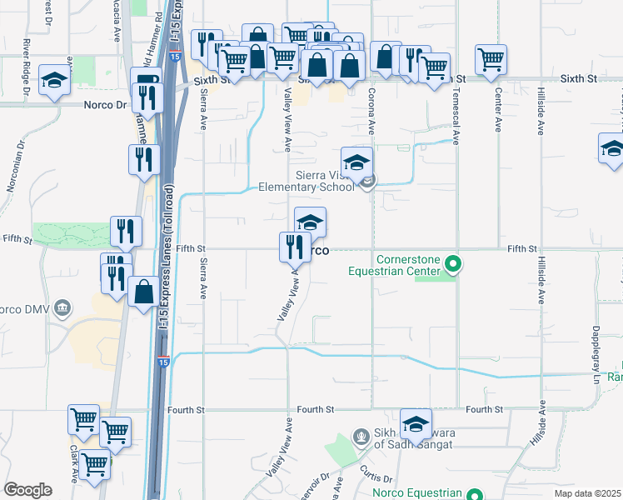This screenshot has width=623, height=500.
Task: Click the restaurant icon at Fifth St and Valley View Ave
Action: click(293, 246)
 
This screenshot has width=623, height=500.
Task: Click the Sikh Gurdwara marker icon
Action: click(360, 435)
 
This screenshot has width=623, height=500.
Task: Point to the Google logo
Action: click(27, 490)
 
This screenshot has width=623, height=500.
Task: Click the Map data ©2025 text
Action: click(588, 493)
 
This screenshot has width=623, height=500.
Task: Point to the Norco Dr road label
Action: click(105, 106)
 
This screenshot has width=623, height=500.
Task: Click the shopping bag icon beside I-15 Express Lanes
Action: click(144, 291)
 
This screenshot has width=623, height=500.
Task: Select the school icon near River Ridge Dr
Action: click(54, 79)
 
